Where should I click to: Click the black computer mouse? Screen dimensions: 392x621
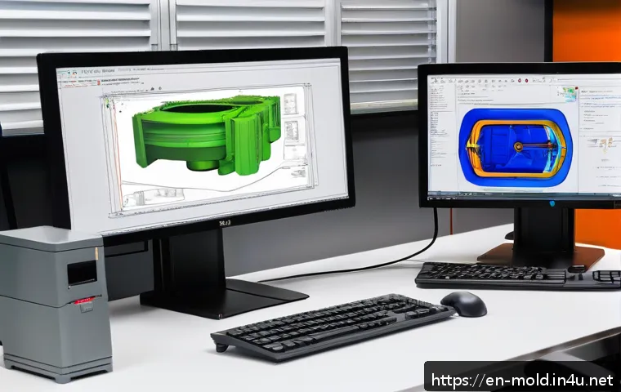tap(463, 303)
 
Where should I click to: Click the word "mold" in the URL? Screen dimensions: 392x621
tap(525, 380)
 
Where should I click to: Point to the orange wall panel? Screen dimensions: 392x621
tap(586, 33)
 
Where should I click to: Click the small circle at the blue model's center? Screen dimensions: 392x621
tap(517, 146)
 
